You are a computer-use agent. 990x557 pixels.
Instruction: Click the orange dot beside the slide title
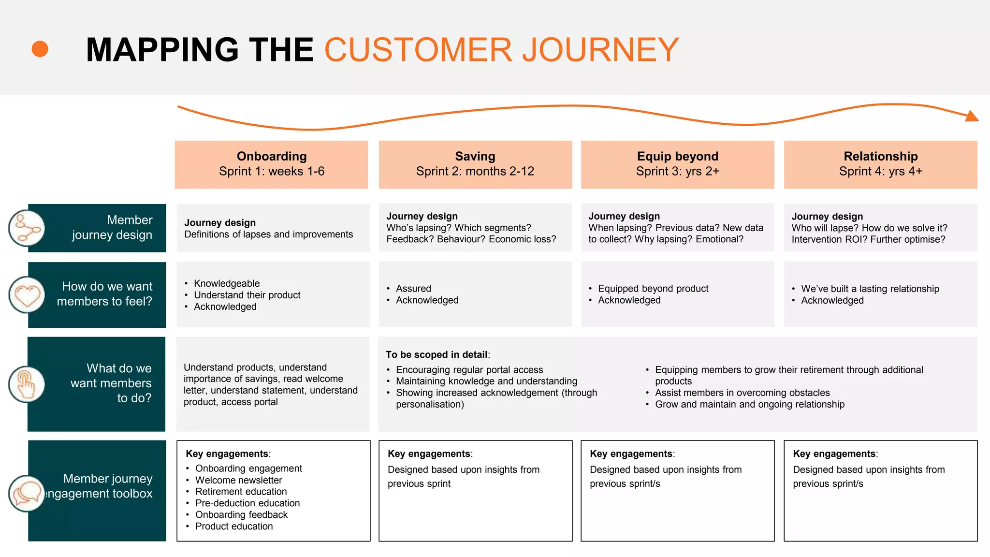(40, 49)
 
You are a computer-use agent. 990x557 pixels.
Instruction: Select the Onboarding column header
(271, 164)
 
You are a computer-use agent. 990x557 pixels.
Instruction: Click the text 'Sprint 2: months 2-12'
(475, 171)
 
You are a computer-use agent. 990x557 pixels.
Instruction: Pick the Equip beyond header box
(677, 164)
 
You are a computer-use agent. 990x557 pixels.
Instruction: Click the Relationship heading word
(880, 156)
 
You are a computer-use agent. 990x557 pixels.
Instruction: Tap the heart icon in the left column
(27, 295)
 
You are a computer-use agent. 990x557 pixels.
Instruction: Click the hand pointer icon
(27, 384)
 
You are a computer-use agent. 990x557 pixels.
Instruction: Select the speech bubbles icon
(27, 493)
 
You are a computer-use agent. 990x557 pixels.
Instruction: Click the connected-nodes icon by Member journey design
(27, 228)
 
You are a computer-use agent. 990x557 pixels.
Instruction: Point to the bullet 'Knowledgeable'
(227, 283)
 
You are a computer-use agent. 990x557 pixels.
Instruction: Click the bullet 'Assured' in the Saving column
(413, 289)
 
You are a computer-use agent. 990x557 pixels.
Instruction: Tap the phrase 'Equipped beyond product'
(653, 289)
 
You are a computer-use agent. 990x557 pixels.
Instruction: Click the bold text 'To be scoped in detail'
(437, 354)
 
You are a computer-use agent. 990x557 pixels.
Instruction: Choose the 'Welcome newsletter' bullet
(238, 480)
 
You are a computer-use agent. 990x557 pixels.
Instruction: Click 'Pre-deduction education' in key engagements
(247, 503)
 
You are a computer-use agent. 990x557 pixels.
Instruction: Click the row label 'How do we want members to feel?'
(104, 294)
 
